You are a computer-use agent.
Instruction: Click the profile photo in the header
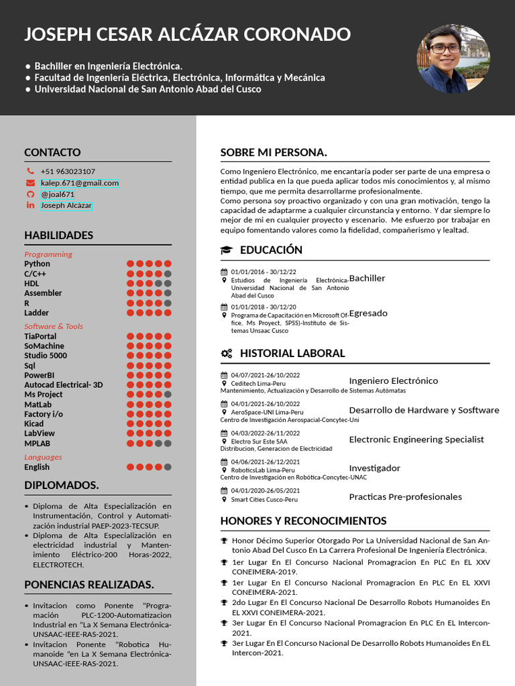click(x=453, y=58)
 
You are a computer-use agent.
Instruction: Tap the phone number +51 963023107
click(x=68, y=171)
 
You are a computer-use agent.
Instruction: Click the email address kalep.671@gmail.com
click(x=79, y=183)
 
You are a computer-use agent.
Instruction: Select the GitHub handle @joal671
click(x=58, y=194)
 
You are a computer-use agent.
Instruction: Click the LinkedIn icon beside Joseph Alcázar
click(x=30, y=205)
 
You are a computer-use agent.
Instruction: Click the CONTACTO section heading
click(x=52, y=153)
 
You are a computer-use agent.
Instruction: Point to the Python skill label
click(x=37, y=264)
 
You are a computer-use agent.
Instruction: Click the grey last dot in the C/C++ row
click(x=168, y=273)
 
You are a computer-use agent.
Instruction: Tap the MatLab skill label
click(x=38, y=404)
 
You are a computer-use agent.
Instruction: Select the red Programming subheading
click(x=48, y=254)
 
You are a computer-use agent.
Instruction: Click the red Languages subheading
click(x=43, y=457)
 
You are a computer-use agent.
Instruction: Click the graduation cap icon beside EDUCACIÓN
click(x=227, y=250)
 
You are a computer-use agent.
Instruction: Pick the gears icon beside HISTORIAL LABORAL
click(x=227, y=353)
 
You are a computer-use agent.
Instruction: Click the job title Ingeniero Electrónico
click(x=394, y=381)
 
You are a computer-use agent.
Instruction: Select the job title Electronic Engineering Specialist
click(x=416, y=439)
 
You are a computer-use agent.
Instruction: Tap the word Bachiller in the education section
click(x=367, y=278)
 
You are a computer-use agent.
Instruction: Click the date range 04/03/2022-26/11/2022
click(x=266, y=433)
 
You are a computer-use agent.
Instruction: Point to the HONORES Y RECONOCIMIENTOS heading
click(x=303, y=521)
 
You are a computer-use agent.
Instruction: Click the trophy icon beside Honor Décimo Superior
click(x=224, y=541)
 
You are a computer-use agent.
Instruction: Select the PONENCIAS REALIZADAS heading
click(x=89, y=585)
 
